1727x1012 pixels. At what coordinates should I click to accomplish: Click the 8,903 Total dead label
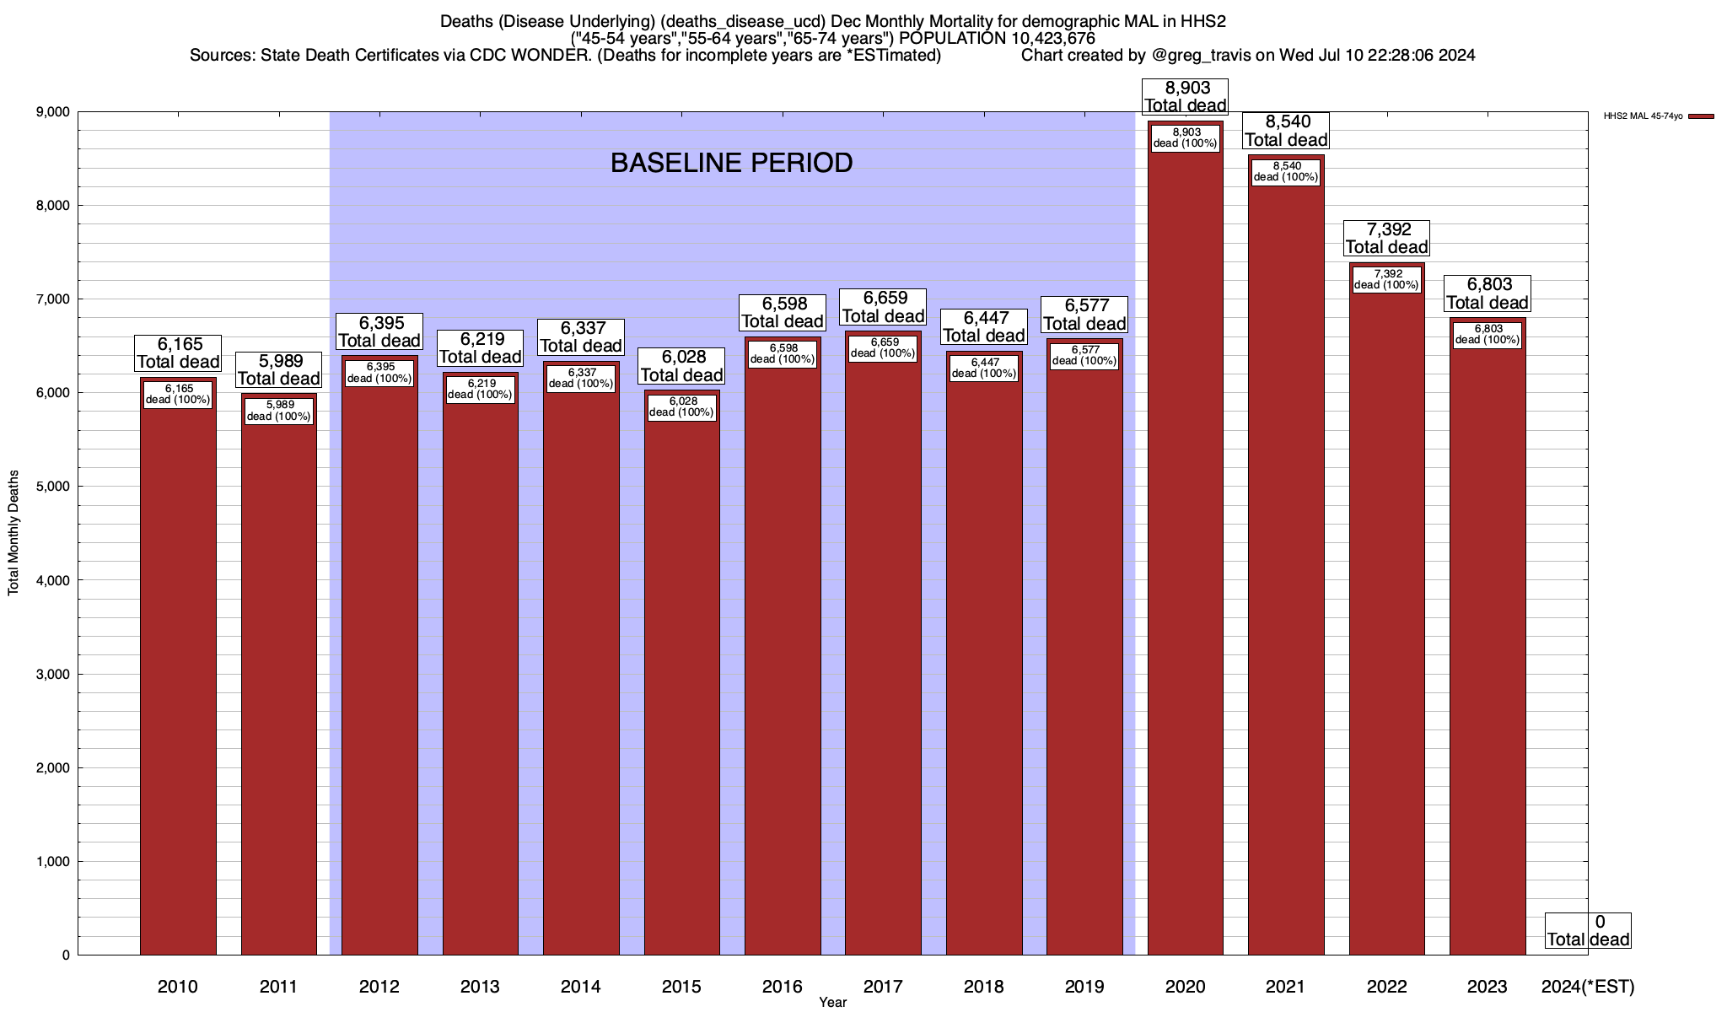click(1185, 97)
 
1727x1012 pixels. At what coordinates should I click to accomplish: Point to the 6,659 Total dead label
click(883, 307)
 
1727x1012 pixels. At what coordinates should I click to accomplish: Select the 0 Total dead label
click(1587, 930)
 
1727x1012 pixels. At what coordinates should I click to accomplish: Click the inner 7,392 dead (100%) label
click(1386, 279)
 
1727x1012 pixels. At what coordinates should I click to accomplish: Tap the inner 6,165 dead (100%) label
click(178, 394)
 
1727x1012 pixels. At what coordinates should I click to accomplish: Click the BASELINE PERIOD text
click(731, 163)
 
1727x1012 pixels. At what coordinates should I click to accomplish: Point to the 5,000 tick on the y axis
click(52, 487)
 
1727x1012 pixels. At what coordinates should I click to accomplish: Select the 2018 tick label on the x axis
click(983, 987)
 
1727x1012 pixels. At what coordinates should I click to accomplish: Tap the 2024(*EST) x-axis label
click(1587, 987)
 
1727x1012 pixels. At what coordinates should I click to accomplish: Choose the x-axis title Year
click(832, 1003)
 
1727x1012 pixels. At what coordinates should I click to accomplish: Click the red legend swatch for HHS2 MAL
click(1701, 116)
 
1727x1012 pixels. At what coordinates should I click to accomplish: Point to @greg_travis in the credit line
click(1199, 56)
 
